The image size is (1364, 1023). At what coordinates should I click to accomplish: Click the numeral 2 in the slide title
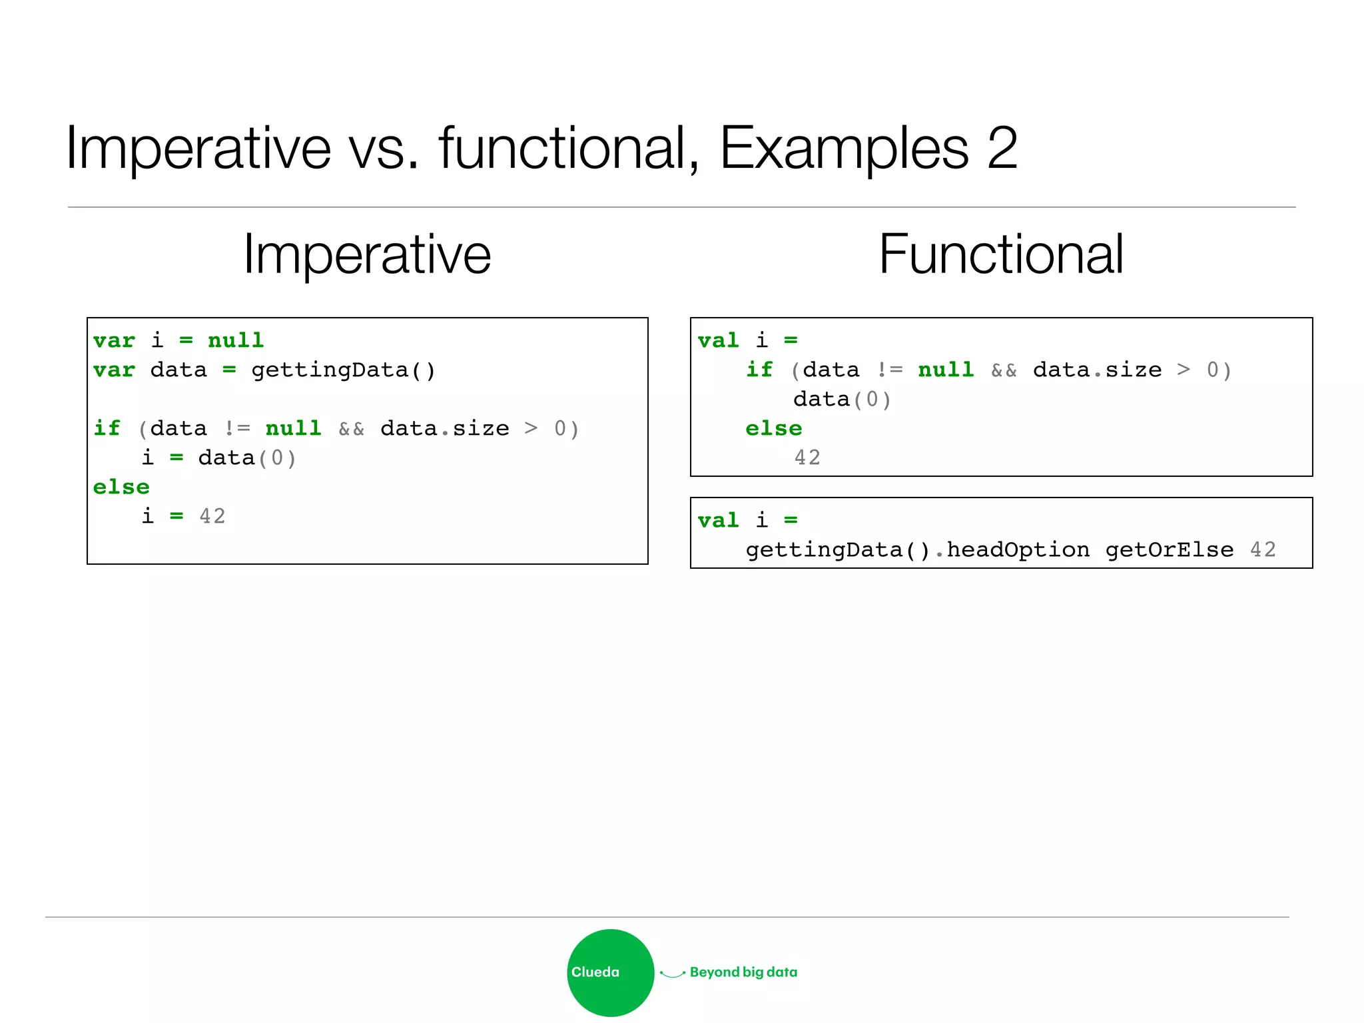(1002, 148)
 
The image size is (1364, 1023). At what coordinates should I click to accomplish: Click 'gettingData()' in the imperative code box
(343, 370)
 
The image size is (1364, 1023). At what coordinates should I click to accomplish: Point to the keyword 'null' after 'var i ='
(236, 340)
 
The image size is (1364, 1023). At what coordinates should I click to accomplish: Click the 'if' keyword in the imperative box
(107, 428)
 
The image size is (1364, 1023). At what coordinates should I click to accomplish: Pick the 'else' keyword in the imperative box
(121, 487)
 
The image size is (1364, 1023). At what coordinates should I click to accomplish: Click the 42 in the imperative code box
(212, 516)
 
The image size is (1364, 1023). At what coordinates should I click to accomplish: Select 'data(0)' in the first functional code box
(842, 400)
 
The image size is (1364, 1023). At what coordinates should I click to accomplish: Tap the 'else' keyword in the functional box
(774, 428)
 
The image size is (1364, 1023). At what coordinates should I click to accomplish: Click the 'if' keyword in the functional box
(759, 370)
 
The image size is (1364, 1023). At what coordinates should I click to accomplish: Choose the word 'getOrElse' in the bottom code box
(1170, 550)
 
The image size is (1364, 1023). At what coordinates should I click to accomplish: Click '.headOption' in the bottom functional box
(1012, 550)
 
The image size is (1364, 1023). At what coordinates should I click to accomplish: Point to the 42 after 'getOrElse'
(1263, 549)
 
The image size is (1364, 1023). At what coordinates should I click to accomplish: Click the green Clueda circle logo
(610, 972)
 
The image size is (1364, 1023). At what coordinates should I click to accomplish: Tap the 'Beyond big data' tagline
(743, 972)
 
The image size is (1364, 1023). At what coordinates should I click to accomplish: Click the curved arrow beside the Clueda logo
(672, 974)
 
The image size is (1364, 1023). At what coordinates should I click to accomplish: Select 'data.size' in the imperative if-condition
(444, 428)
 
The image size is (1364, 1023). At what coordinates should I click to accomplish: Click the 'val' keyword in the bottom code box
(718, 520)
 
